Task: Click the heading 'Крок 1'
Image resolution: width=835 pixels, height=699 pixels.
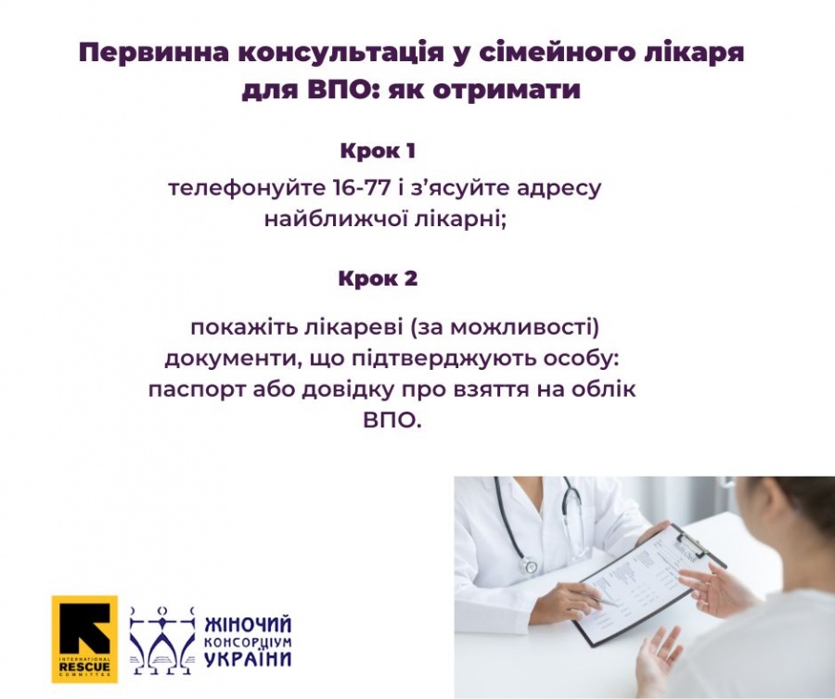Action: click(378, 151)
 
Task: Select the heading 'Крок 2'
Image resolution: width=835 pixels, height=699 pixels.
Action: click(378, 278)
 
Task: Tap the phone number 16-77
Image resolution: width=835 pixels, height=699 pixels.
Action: click(362, 187)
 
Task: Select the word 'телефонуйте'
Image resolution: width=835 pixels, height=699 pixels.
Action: click(246, 188)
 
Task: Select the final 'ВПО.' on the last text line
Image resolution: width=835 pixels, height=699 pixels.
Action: click(392, 421)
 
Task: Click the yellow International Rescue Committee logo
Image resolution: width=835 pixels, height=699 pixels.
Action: click(84, 639)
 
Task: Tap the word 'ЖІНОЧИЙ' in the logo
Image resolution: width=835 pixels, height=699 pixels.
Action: click(248, 624)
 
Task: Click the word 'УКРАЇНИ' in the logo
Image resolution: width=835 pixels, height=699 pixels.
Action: click(248, 658)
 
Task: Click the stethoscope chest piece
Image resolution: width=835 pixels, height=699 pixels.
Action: click(530, 565)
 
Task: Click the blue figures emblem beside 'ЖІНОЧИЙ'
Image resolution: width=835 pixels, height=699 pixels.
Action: click(162, 640)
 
